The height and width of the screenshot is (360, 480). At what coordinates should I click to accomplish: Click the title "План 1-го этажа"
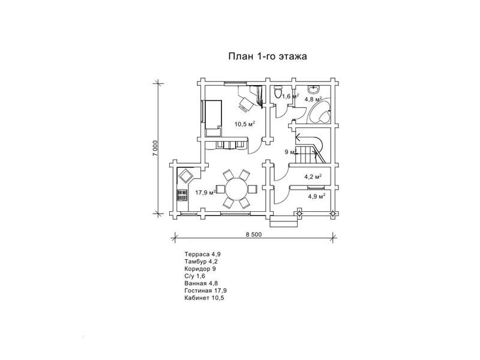click(268, 56)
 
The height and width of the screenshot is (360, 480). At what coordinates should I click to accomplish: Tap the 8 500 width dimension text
click(254, 235)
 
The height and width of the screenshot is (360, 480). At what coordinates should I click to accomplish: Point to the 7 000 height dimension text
click(155, 148)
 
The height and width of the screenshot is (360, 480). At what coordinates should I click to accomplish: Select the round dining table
click(236, 189)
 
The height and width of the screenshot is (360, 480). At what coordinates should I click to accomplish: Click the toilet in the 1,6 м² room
click(278, 91)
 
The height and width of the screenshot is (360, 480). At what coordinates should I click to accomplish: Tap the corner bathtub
click(319, 110)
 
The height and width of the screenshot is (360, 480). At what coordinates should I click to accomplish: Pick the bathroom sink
click(314, 89)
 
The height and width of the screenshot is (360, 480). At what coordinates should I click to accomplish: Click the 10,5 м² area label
click(245, 124)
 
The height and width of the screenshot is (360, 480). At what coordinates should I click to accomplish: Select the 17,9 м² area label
click(206, 193)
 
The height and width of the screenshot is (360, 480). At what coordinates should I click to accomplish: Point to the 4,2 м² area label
click(313, 176)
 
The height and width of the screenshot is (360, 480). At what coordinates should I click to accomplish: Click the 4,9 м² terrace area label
click(317, 196)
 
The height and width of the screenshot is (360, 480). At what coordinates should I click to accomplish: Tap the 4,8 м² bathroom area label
click(313, 99)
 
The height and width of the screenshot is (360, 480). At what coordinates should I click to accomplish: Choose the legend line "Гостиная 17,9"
click(205, 290)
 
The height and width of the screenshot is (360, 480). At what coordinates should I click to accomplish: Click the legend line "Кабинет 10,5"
click(204, 298)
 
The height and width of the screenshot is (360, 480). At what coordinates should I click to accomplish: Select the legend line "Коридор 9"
click(200, 269)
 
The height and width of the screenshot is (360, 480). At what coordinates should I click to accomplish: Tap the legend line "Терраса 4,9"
click(202, 254)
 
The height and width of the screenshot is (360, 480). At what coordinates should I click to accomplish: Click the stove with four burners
click(182, 196)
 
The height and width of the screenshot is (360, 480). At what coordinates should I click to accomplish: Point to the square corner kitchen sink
click(185, 176)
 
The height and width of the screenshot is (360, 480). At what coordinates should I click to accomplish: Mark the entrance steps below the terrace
click(283, 221)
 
